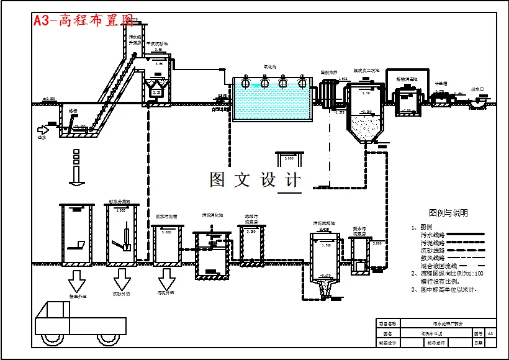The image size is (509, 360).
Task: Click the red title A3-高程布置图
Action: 84,20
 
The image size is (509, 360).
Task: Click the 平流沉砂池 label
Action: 157,45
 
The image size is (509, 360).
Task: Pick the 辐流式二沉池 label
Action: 366,71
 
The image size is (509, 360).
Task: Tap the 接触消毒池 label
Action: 407,79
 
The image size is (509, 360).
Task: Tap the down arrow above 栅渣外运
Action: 77,280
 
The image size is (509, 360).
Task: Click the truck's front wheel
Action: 103,339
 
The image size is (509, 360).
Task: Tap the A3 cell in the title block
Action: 490,334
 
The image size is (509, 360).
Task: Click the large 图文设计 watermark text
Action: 255,180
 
